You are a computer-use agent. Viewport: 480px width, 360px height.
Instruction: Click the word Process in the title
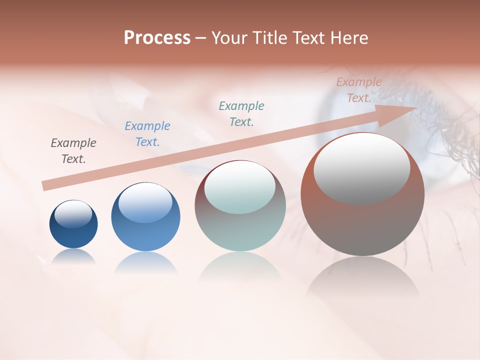pos(157,38)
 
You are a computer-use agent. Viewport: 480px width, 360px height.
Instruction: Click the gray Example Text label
pos(73,151)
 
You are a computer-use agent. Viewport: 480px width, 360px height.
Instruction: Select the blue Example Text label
pos(147,134)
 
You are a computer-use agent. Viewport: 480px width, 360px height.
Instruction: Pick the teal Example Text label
pos(241,114)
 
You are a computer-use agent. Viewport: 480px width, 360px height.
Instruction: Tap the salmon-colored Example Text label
pos(359,90)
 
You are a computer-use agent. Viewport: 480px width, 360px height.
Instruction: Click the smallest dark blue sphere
pos(73,235)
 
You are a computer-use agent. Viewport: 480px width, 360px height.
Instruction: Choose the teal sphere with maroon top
pos(240,230)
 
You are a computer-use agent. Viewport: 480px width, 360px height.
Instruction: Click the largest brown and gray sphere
pos(362,225)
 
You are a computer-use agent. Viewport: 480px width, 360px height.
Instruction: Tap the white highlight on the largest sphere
pos(361,167)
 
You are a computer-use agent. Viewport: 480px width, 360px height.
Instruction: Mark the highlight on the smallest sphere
pos(73,213)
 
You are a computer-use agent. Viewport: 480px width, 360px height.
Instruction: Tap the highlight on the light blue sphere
pos(145,202)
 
